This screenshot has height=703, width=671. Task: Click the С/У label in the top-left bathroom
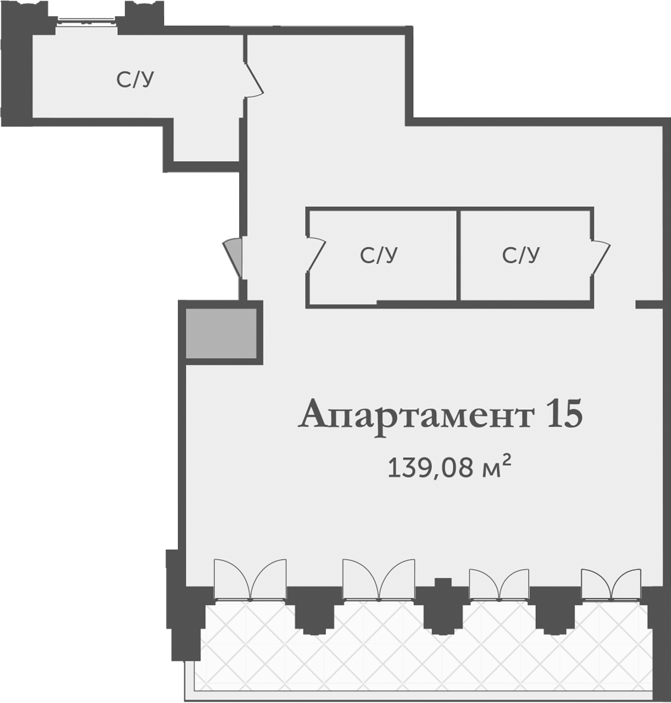coord(135,79)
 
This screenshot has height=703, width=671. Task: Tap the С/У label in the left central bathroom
coord(378,255)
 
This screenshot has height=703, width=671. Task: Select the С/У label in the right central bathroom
coord(521,255)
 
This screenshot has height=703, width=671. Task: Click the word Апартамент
coord(416,415)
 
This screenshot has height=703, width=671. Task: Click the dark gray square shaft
coord(221,333)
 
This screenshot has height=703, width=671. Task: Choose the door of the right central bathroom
coord(601,257)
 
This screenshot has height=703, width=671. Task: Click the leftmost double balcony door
coord(250,580)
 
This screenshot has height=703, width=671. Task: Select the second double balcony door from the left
coord(378,580)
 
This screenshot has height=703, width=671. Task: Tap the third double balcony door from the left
coord(498,584)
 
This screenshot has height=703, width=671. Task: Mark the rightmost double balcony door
coord(611,584)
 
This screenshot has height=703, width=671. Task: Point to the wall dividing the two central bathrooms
coord(459,256)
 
